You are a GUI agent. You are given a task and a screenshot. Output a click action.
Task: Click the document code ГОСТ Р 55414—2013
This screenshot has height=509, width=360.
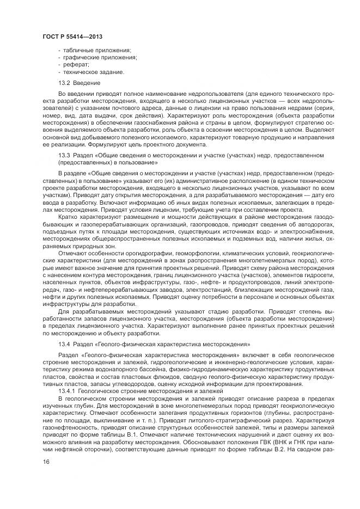point(72,36)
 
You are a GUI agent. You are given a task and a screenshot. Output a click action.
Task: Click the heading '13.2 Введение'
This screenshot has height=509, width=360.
point(79,83)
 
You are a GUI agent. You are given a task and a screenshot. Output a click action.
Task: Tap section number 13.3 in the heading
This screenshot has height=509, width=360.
point(64,156)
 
